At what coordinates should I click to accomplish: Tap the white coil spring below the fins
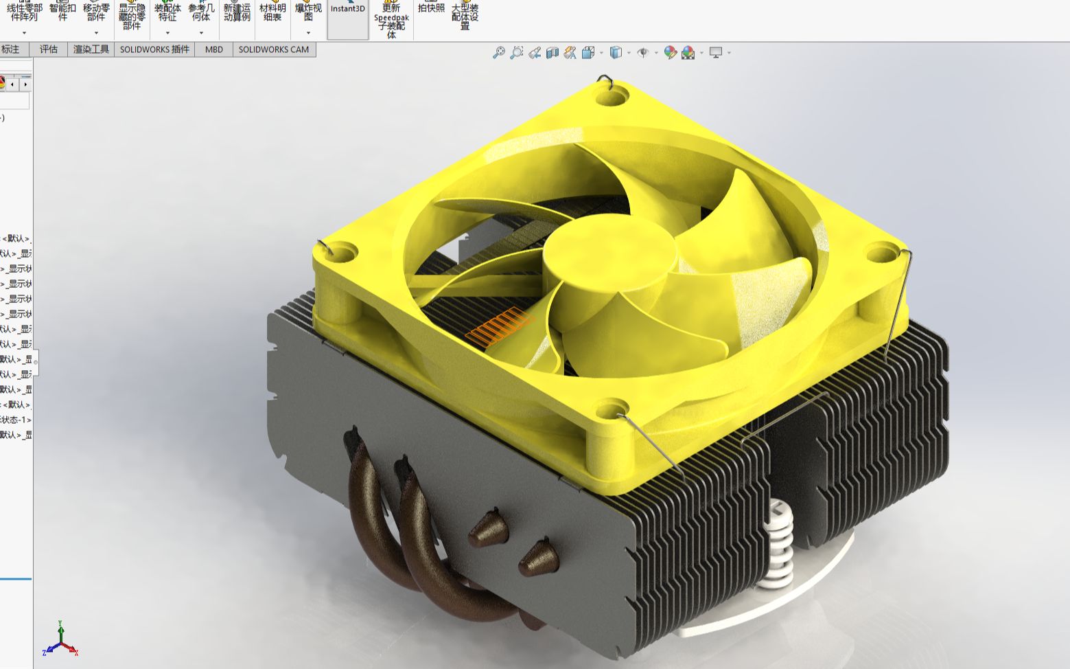click(778, 543)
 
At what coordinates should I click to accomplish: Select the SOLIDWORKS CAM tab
click(273, 49)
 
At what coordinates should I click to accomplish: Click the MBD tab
click(213, 49)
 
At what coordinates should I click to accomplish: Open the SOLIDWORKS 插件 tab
click(154, 49)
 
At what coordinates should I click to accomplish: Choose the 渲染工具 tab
click(91, 49)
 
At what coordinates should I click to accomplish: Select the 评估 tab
click(49, 49)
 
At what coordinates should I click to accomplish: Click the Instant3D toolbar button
click(347, 10)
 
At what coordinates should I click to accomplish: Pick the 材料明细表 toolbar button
click(272, 12)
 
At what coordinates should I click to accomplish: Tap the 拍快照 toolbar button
click(431, 8)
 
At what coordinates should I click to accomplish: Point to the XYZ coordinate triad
click(61, 640)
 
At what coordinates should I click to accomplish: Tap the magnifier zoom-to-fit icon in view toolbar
click(499, 52)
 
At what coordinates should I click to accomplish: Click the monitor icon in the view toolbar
click(716, 52)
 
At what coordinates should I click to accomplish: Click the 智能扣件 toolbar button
click(62, 12)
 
